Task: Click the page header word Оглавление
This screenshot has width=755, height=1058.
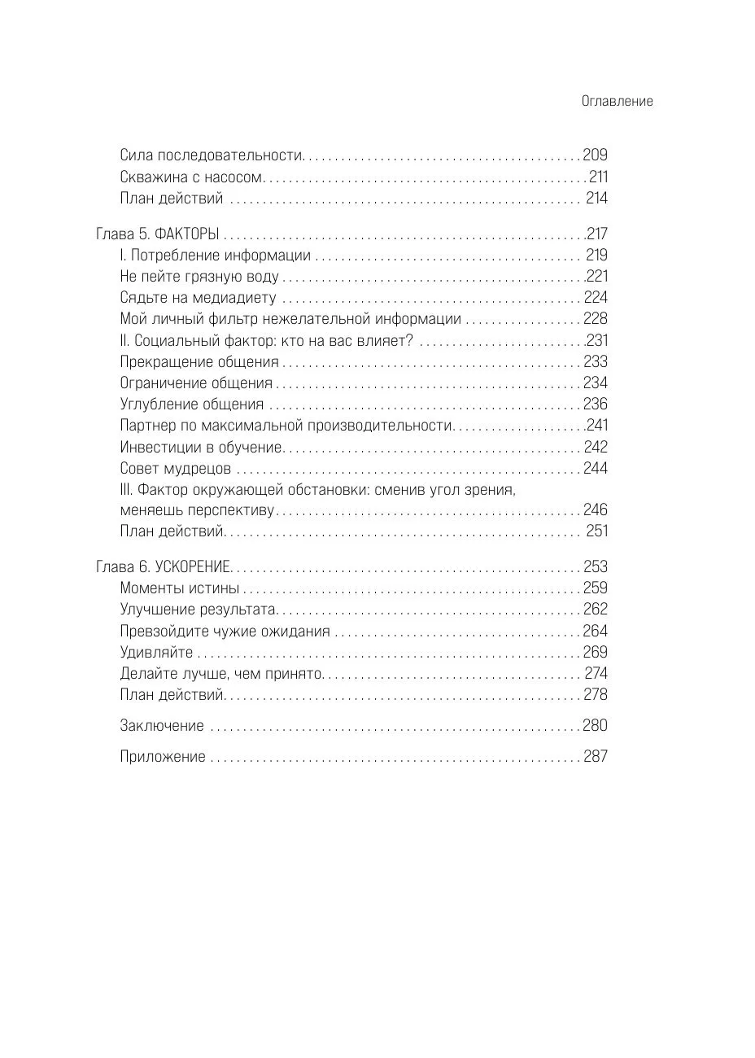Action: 618,102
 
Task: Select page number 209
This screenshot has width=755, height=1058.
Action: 596,155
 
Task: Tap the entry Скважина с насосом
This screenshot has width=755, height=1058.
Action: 192,177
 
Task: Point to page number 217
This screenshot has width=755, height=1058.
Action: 596,234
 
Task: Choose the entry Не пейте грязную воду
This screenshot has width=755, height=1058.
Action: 199,276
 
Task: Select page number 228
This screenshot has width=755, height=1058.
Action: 596,319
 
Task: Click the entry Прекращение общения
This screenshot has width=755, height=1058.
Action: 199,361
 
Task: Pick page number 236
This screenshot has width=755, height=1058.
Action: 596,404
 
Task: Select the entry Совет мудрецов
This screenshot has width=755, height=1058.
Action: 176,469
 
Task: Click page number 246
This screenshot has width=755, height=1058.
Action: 596,510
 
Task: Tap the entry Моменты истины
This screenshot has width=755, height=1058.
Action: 180,588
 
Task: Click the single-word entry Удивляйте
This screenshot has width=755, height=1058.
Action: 157,652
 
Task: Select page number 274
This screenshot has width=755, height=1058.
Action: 596,673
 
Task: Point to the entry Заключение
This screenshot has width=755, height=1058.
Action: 162,726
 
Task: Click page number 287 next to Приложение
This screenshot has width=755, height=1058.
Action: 596,757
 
